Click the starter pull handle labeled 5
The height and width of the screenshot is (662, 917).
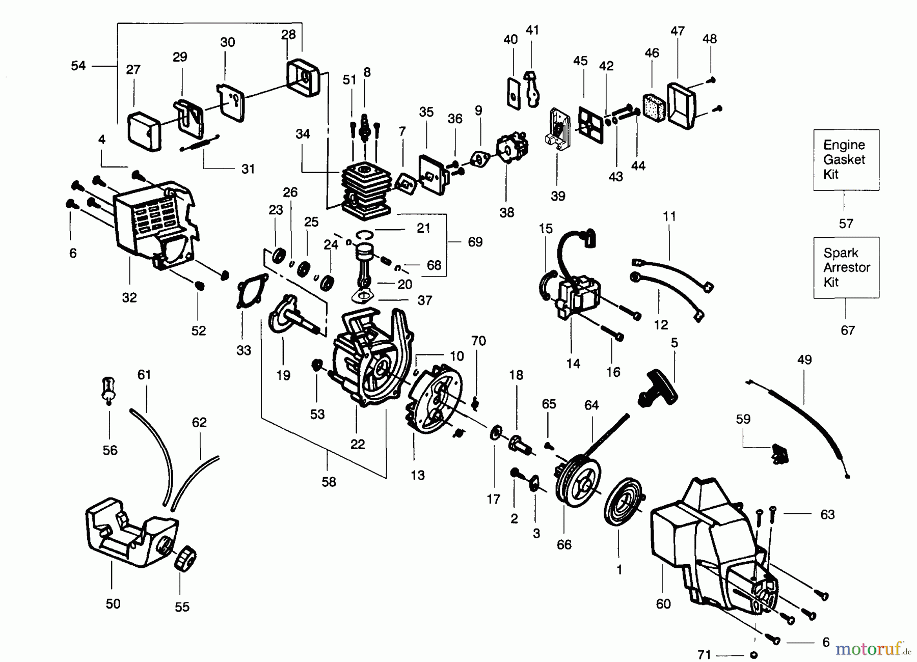(x=658, y=390)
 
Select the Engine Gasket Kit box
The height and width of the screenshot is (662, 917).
(x=846, y=160)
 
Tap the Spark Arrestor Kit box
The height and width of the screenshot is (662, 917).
(x=846, y=267)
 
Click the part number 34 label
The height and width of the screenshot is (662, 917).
(x=303, y=134)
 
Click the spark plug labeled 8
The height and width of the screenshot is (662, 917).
(x=365, y=127)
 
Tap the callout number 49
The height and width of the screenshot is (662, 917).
(x=804, y=360)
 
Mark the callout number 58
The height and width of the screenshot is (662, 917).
(x=329, y=482)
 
